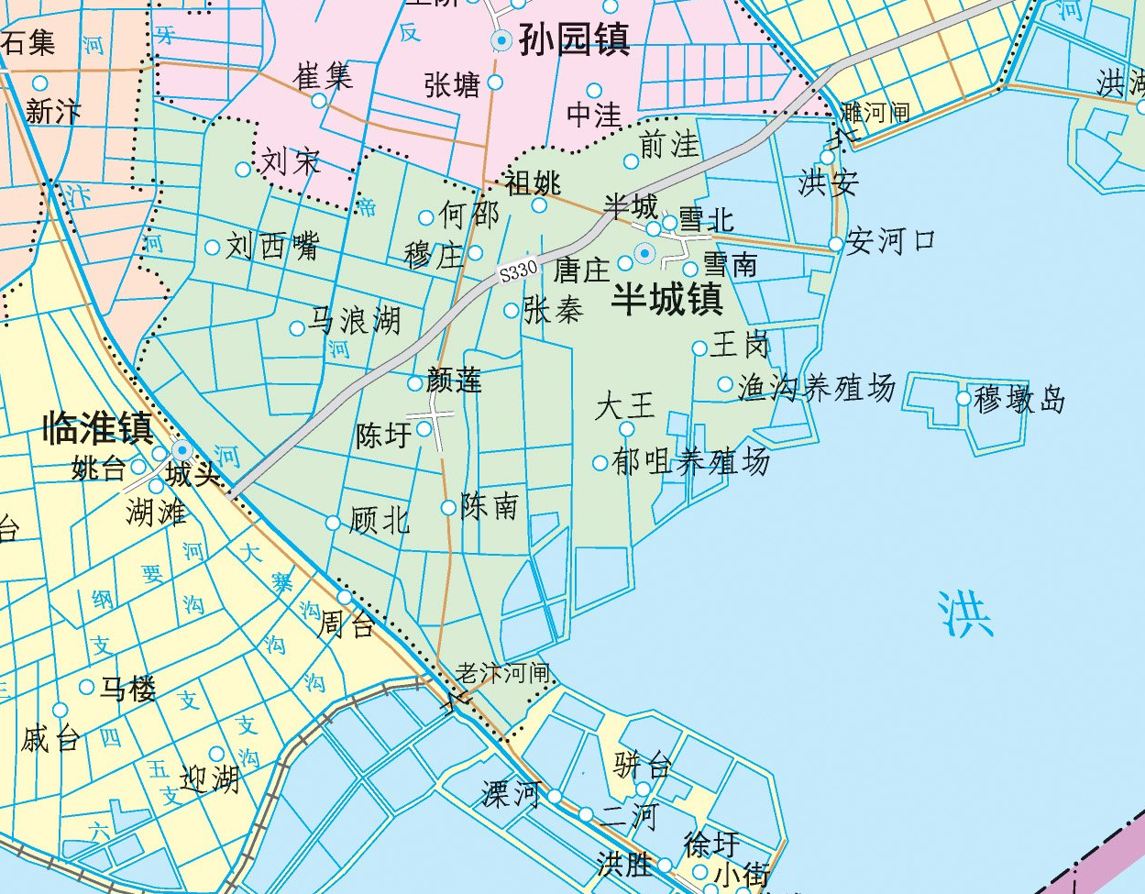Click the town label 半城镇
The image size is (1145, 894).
pyautogui.click(x=667, y=299)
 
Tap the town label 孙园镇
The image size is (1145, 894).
pyautogui.click(x=575, y=39)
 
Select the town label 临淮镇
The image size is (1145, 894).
pyautogui.click(x=97, y=428)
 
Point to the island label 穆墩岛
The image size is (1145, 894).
pyautogui.click(x=1019, y=400)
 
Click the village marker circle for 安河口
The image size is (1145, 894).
pyautogui.click(x=835, y=244)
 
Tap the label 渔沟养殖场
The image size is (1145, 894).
pyautogui.click(x=817, y=388)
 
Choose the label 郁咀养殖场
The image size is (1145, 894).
pyautogui.click(x=691, y=461)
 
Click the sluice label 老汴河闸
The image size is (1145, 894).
pyautogui.click(x=503, y=674)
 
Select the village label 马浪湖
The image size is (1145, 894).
pyautogui.click(x=354, y=320)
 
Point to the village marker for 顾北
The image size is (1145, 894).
pyautogui.click(x=333, y=523)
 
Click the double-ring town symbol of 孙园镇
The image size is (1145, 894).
pyautogui.click(x=501, y=39)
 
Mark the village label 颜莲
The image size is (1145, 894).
pyautogui.click(x=455, y=380)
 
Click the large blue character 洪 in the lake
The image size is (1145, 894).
pyautogui.click(x=965, y=614)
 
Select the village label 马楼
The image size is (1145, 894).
pyautogui.click(x=127, y=688)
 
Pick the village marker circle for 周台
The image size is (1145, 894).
pyautogui.click(x=345, y=599)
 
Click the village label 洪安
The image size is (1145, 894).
pyautogui.click(x=829, y=182)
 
